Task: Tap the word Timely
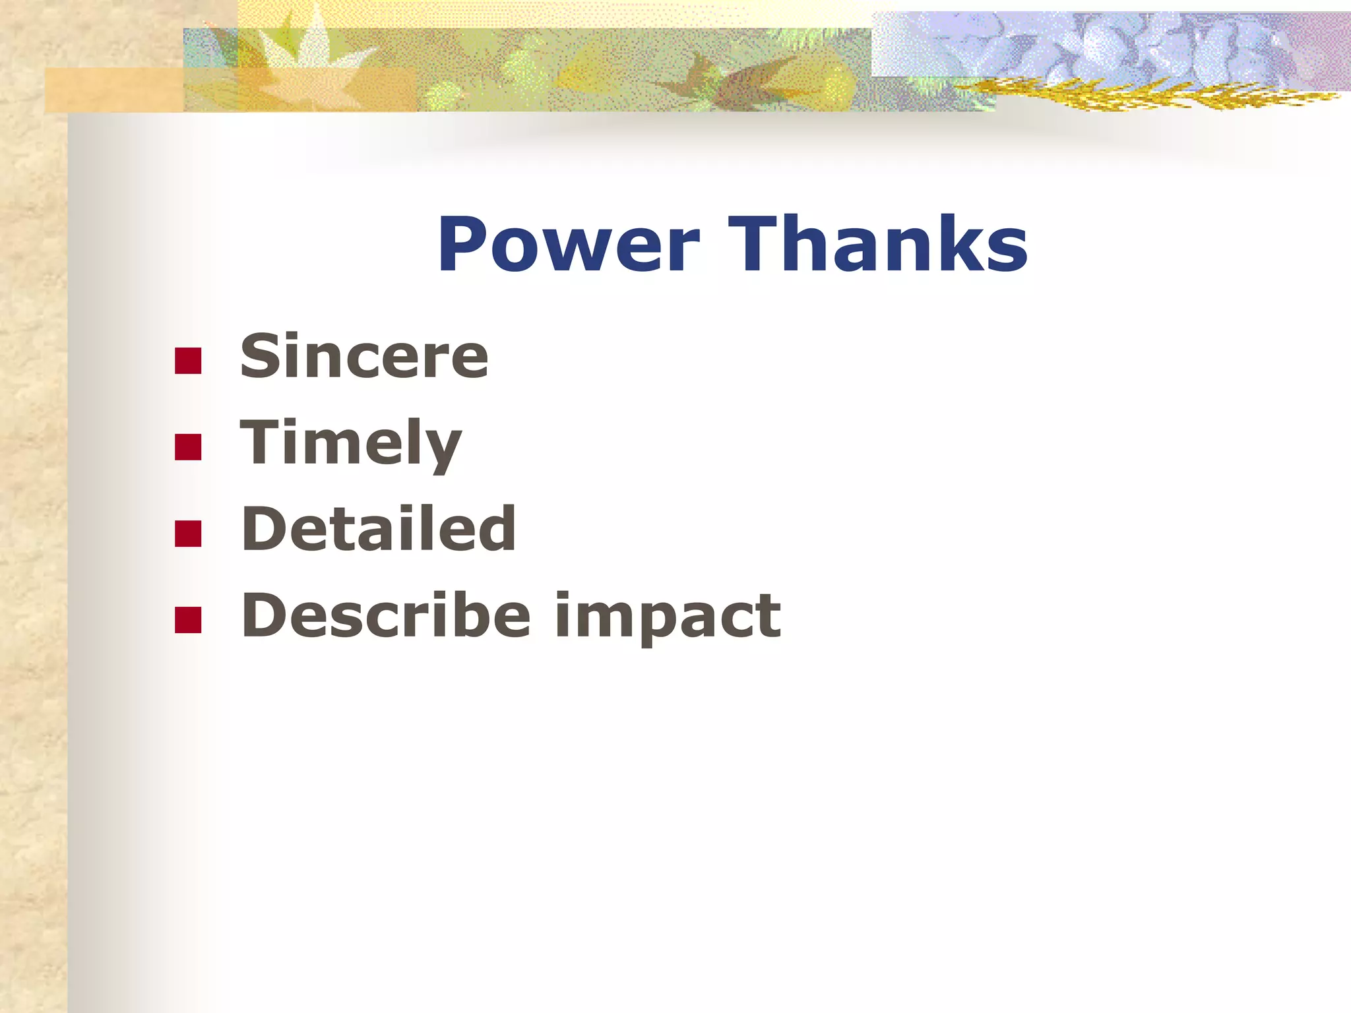coord(350,443)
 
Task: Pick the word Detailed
coord(378,529)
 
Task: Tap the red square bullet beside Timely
coord(188,446)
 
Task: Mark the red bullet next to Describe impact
coord(188,619)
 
